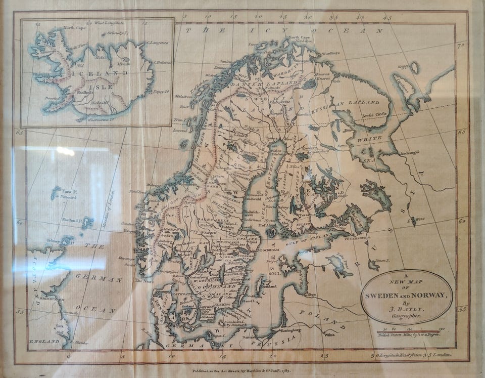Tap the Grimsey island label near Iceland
tap(112, 34)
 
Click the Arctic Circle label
tap(374, 114)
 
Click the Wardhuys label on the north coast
tap(330, 53)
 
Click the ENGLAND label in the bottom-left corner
tap(44, 342)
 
